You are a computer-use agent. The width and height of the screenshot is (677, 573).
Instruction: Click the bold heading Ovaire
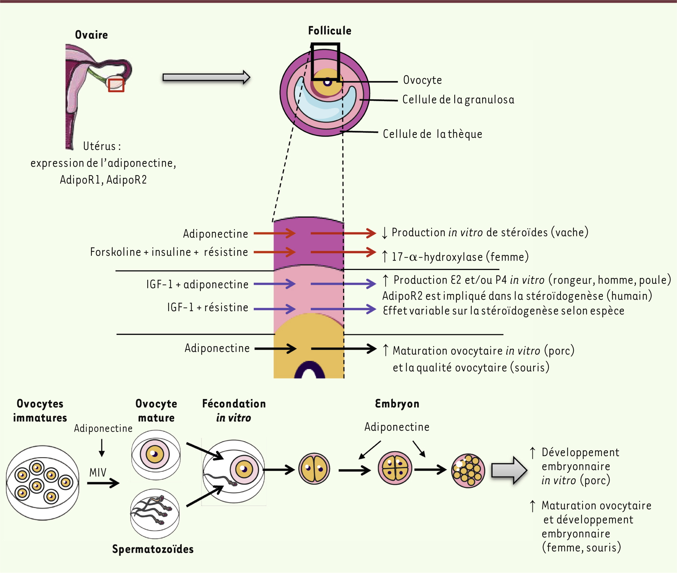pos(91,35)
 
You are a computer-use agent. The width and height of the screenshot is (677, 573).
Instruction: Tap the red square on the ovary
pos(116,85)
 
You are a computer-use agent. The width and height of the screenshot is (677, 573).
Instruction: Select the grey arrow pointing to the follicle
pos(206,77)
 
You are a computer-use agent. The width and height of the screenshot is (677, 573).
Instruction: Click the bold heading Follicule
pos(330,31)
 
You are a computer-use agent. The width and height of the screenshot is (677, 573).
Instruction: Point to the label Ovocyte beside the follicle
pos(422,80)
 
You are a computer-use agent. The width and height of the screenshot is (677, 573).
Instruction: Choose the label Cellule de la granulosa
pos(458,100)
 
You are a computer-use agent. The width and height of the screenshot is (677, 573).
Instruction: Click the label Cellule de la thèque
pos(432,134)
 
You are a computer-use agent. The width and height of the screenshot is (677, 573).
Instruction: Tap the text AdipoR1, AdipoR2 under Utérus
pos(103,180)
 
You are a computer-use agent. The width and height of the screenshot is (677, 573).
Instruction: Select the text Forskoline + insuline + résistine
pos(169,252)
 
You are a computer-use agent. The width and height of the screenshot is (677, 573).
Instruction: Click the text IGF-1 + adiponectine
pos(197,284)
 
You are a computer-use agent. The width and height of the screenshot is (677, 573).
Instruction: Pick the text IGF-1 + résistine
pos(208,307)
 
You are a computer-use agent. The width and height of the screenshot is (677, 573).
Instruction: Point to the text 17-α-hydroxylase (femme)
pos(460,257)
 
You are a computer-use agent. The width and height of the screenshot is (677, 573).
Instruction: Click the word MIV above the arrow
pos(98,472)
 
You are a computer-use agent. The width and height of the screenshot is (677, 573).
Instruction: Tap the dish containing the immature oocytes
pos(42,483)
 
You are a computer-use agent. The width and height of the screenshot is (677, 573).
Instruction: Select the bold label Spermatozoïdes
pos(153,549)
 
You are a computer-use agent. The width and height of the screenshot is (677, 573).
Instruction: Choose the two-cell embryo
pos(314,469)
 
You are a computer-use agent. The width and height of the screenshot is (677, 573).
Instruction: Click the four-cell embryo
pos(395,468)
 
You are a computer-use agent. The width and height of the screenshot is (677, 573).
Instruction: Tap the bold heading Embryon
pos(397,404)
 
